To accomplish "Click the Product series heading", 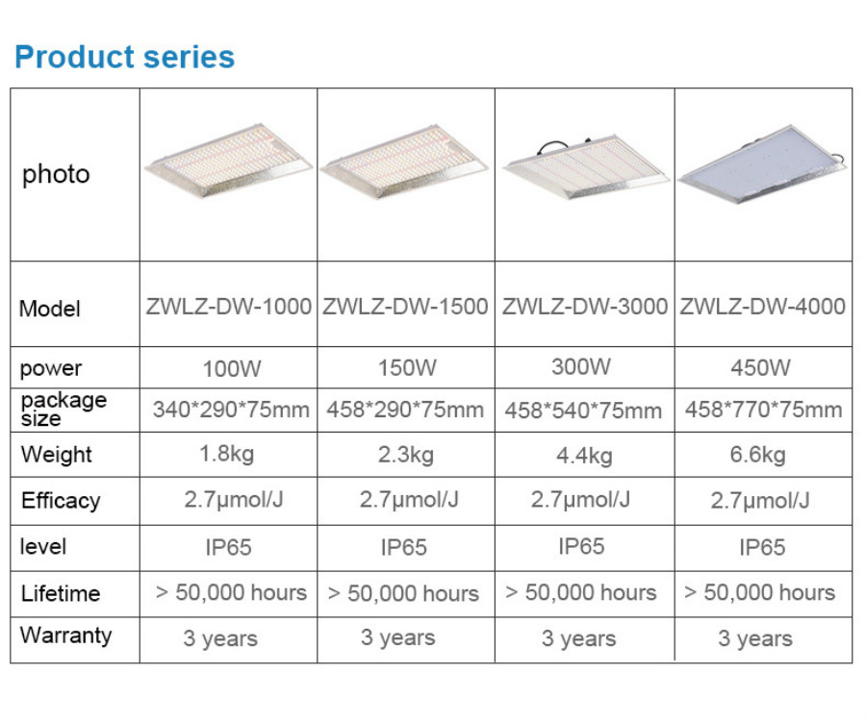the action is point(125,57).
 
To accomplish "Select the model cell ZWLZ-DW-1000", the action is point(229,307).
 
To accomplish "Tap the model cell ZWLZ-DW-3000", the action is point(584,307).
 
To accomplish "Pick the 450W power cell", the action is point(760,367).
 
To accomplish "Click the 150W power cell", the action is point(407,367).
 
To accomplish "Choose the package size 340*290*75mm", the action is point(231,410).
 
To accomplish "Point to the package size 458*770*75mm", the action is point(763,410).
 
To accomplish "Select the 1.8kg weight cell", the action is point(226,454).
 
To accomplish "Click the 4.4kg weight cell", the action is point(584,456).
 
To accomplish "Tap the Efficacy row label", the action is point(61,501).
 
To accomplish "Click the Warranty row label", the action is point(65,635).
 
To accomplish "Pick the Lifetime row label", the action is point(61,593).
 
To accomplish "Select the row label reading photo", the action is point(56,174).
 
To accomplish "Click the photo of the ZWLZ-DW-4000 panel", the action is point(762,164).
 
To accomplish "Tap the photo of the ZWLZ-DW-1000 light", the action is point(228,161).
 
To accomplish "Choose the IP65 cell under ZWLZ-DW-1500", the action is point(404,548).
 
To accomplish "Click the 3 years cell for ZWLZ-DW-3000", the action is point(578,638).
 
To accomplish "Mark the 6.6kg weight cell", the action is point(758,455).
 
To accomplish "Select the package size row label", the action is point(64,409).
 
